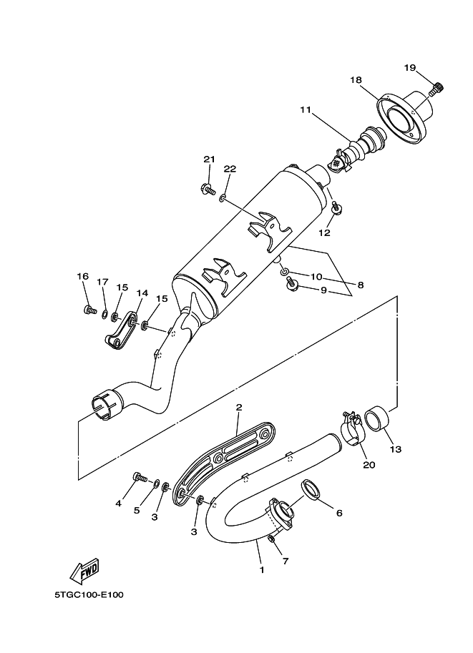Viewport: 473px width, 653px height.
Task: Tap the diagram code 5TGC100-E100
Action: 89,594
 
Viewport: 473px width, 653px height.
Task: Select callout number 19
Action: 409,67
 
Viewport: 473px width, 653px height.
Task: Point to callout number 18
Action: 356,80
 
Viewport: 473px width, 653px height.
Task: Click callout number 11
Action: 306,110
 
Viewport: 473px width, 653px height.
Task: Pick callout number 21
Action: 209,159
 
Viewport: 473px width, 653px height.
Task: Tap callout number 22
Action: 230,169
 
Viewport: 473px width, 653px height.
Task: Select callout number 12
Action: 324,233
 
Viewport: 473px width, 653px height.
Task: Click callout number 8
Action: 360,285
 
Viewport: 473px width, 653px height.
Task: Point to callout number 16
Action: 83,276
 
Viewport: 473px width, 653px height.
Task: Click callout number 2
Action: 238,408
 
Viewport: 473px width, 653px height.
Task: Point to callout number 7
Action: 285,561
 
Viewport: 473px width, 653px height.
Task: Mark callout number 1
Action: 262,570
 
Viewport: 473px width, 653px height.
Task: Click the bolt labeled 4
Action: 138,477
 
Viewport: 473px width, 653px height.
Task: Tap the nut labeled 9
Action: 291,286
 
